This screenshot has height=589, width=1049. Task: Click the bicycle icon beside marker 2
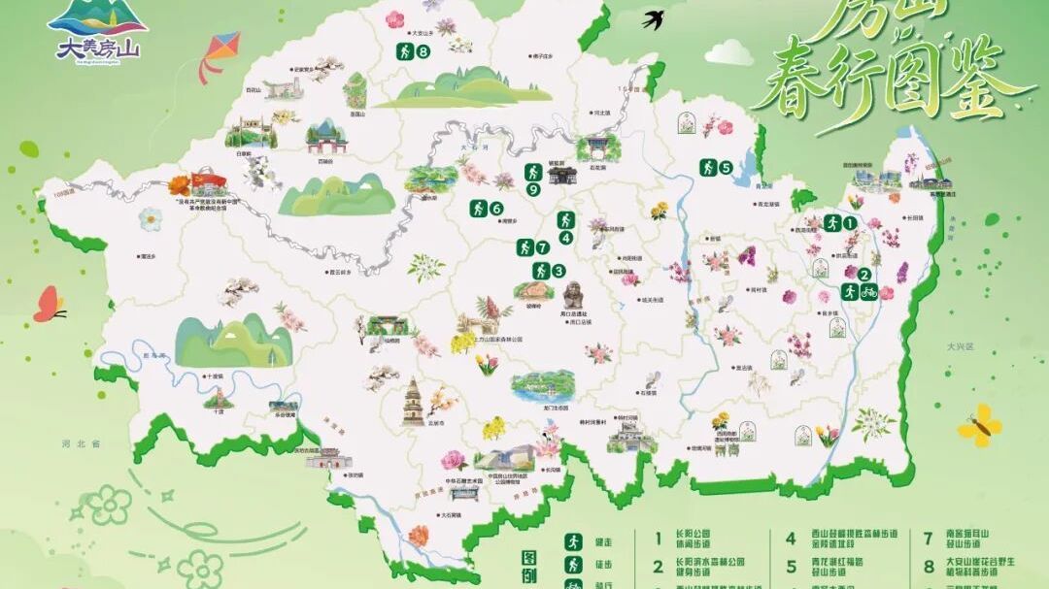click(x=869, y=291)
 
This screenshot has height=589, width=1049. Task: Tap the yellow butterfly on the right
click(x=979, y=425)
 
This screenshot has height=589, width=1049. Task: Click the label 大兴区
click(x=963, y=346)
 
